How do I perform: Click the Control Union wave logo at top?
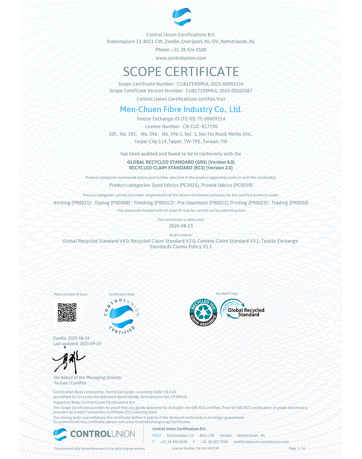[x=181, y=17]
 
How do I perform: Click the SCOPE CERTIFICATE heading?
[x=181, y=72]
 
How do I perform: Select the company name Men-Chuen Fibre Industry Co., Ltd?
[x=181, y=109]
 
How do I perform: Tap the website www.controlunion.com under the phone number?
[x=181, y=58]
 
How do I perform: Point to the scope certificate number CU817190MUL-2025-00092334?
[x=210, y=84]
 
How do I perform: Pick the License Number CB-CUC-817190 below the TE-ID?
[x=200, y=126]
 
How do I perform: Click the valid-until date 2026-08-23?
[x=181, y=226]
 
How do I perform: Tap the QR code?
[x=66, y=312]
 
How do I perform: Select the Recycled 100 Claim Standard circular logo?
[x=203, y=312]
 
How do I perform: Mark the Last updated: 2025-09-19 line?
[x=77, y=344]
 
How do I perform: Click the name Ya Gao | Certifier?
[x=70, y=383]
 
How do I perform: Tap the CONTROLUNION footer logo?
[x=94, y=434]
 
